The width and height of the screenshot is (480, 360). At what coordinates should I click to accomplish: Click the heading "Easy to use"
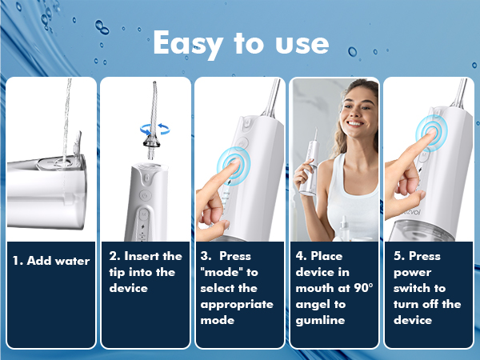pyautogui.click(x=240, y=45)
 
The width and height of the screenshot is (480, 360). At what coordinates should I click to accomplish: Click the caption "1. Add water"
pyautogui.click(x=50, y=261)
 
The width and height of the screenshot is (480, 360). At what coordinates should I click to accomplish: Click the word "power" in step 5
pyautogui.click(x=413, y=273)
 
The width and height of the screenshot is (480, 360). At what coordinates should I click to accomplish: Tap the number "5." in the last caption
pyautogui.click(x=399, y=257)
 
